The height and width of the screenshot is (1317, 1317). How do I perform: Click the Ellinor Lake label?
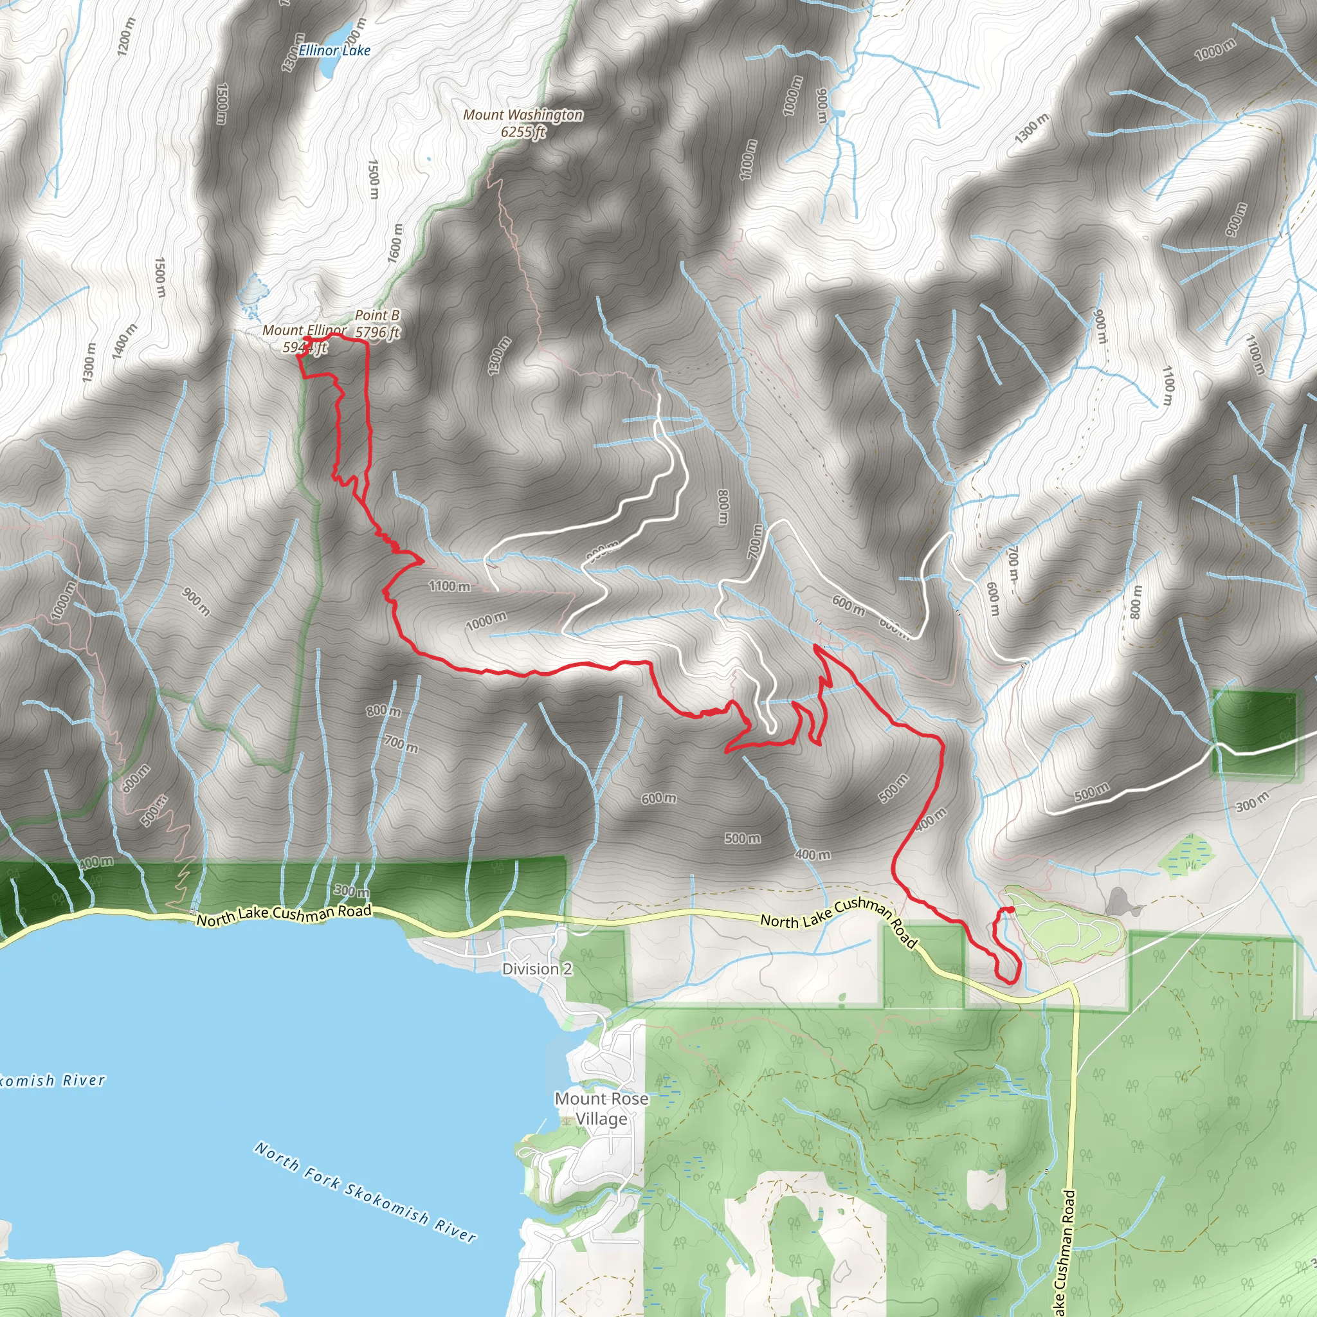click(x=334, y=50)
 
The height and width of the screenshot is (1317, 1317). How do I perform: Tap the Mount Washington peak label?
click(x=523, y=115)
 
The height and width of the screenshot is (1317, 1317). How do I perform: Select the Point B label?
click(x=377, y=315)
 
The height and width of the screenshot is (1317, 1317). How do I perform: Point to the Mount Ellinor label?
click(x=304, y=331)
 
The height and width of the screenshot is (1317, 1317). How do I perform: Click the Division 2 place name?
click(x=536, y=968)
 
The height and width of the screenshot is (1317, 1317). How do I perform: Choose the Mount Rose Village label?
click(x=601, y=1109)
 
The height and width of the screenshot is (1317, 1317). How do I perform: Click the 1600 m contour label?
click(x=395, y=243)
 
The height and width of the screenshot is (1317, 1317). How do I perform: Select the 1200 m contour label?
click(x=126, y=37)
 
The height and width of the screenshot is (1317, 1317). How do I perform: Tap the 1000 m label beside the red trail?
click(x=486, y=621)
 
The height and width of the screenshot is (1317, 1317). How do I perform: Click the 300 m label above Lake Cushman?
click(x=352, y=890)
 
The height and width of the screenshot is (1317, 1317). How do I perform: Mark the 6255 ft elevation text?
click(x=523, y=132)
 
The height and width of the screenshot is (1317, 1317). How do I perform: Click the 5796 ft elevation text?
click(x=377, y=332)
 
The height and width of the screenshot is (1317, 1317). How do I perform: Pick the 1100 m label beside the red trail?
click(x=450, y=586)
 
